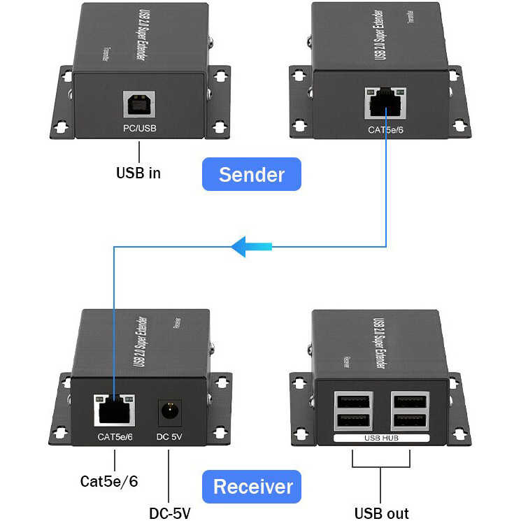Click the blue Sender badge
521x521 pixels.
(x=252, y=174)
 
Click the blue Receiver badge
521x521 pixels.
(x=252, y=486)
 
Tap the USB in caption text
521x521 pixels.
(x=138, y=173)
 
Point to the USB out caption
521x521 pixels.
(x=382, y=513)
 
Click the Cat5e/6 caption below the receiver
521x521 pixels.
(x=109, y=481)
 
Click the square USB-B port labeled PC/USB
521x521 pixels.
(x=139, y=105)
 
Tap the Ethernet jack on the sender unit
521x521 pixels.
(x=385, y=104)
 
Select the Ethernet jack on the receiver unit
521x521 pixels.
(x=113, y=411)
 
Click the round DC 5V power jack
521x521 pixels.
(x=169, y=412)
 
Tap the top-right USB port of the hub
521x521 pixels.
(x=411, y=402)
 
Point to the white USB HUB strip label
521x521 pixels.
(x=381, y=438)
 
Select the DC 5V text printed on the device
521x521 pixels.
(x=169, y=438)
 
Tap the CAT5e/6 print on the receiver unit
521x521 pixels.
(x=115, y=438)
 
